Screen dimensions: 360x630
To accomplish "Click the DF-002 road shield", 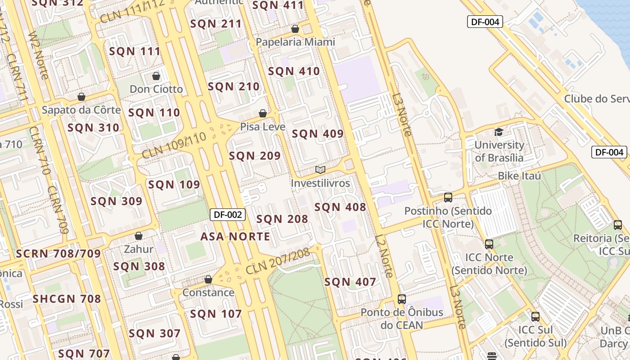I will pos(228,215).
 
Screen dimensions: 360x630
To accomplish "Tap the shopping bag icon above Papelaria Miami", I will pos(295,29).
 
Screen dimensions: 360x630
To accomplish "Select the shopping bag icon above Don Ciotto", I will pos(156,76).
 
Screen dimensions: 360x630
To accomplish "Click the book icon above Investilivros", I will pos(320,170).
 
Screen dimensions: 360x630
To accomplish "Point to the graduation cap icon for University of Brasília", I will pos(499,132).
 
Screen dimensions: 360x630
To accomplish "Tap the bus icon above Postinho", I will pos(448,197).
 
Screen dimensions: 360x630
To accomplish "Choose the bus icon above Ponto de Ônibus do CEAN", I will pos(402,299).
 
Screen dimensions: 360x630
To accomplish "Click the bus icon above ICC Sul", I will pos(535,316).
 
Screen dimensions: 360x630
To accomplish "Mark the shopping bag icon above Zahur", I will pos(139,236).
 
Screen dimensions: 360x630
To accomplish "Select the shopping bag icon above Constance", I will pos(208,279).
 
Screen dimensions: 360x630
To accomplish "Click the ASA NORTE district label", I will pos(235,237).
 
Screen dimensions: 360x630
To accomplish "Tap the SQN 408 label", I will pos(340,207).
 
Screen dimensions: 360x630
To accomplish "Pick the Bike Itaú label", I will pos(519,176).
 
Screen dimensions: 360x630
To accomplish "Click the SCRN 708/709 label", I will pos(58,254).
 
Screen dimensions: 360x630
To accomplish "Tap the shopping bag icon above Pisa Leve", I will pos(263,113).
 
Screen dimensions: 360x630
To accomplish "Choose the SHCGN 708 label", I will pos(67,299).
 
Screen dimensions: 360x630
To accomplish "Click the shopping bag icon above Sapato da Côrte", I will pos(81,97).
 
